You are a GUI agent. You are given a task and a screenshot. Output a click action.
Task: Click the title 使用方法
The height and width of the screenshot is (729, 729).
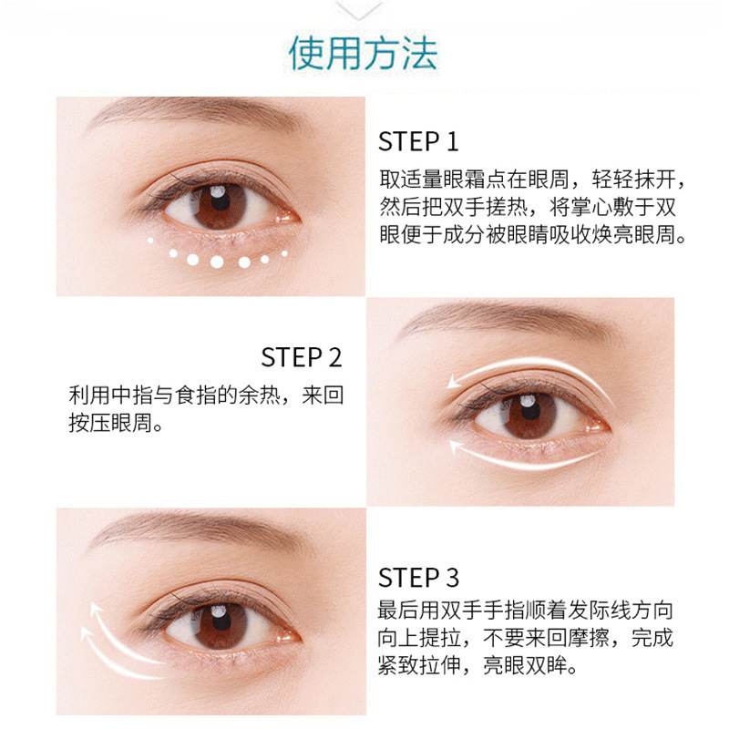tap(363, 54)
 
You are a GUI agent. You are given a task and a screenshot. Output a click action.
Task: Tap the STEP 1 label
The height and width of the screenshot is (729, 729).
tap(418, 141)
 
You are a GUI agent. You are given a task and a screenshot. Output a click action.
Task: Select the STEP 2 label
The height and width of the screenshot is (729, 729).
tap(302, 357)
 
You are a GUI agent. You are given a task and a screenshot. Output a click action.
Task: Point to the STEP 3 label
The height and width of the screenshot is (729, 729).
tap(418, 578)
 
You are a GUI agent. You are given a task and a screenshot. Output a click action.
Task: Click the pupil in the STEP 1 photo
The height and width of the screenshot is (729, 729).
tap(220, 200)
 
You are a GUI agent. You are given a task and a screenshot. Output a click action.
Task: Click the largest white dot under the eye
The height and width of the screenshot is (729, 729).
tap(217, 262)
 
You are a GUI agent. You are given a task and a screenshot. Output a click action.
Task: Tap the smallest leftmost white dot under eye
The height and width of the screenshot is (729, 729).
tap(150, 241)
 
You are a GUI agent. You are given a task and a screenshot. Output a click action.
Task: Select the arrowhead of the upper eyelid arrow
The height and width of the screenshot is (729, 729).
tap(453, 382)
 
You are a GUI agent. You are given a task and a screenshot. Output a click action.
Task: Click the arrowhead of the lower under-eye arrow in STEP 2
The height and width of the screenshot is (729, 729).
tap(455, 447)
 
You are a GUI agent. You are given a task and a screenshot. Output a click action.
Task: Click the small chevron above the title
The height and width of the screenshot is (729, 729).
tap(358, 10)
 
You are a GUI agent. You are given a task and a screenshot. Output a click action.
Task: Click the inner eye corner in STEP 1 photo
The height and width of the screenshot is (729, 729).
tap(286, 216)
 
